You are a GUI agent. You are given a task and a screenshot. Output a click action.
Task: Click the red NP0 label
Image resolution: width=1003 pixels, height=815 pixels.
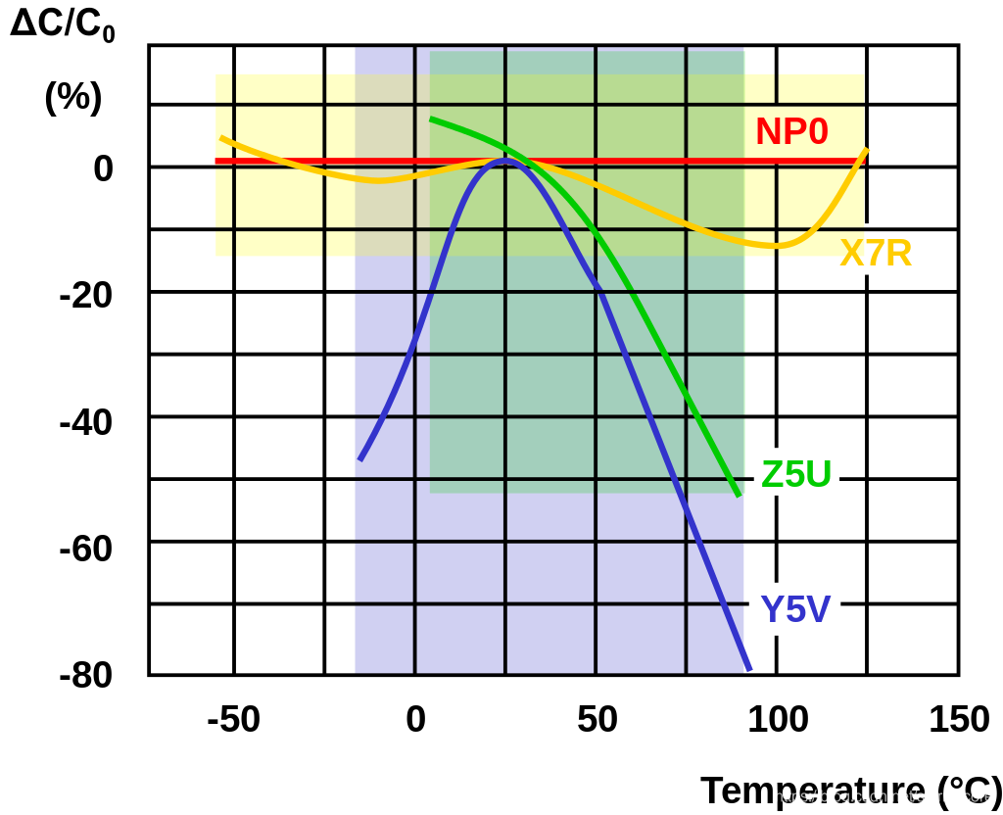(x=791, y=132)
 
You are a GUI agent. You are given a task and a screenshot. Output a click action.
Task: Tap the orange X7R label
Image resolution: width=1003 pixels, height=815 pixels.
(x=876, y=254)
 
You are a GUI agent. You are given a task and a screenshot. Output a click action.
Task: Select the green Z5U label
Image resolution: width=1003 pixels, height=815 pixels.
(x=796, y=475)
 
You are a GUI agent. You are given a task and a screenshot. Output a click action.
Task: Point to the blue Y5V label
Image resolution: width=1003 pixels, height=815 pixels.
(x=795, y=610)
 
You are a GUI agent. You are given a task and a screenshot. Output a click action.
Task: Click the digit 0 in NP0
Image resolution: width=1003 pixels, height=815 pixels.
(x=817, y=132)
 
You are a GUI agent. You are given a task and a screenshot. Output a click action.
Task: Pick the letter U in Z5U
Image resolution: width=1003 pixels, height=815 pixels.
(x=819, y=475)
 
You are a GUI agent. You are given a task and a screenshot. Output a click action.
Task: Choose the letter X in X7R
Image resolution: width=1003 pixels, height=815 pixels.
(x=852, y=254)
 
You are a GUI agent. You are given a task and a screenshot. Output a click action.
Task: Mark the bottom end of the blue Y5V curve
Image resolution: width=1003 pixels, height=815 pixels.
(x=749, y=669)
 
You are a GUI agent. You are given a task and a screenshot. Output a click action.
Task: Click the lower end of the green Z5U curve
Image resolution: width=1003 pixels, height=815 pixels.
(x=739, y=495)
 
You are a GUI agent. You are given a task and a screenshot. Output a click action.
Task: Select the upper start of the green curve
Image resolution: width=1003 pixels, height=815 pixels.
(x=432, y=120)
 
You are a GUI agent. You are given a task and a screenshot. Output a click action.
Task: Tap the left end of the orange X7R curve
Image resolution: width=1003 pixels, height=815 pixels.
(x=221, y=138)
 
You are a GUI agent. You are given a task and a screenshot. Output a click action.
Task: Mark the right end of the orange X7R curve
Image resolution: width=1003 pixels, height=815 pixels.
(x=866, y=150)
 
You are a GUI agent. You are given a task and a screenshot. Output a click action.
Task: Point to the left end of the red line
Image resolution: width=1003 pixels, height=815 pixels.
(x=217, y=161)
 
